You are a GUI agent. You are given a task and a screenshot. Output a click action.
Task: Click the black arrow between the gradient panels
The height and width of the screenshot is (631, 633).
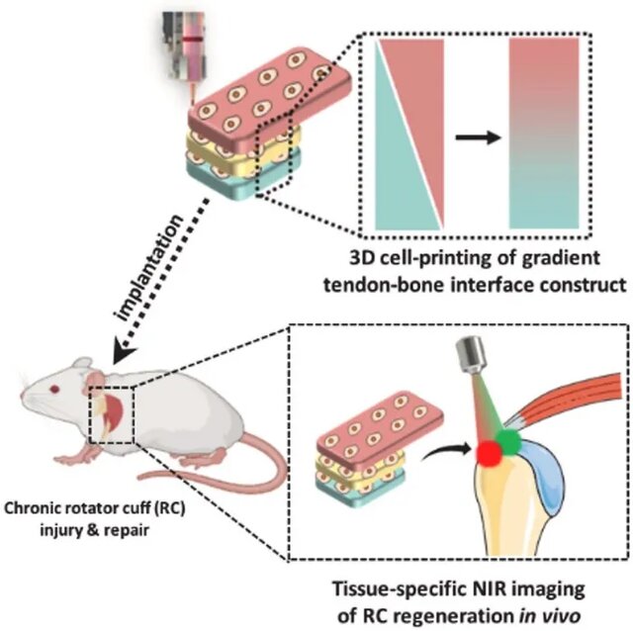[478, 139]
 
